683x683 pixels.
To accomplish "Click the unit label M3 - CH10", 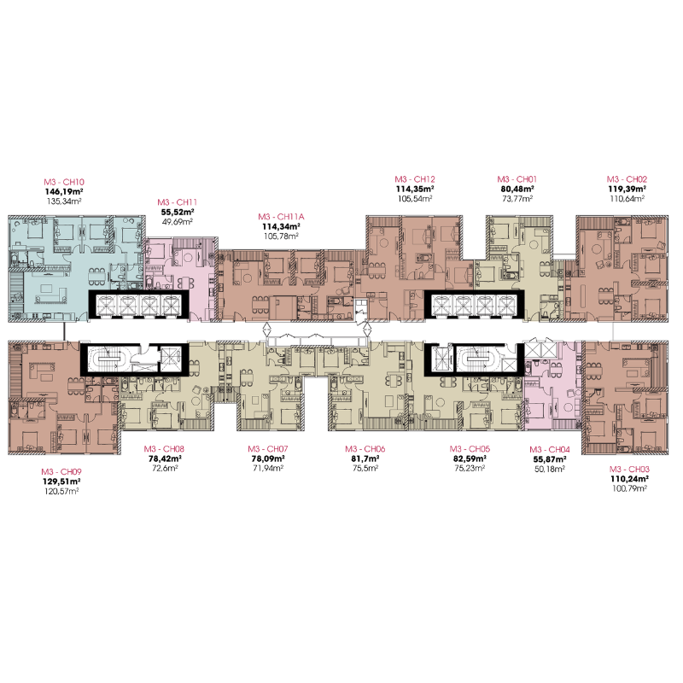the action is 64,182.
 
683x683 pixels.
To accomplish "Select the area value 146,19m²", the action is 64,191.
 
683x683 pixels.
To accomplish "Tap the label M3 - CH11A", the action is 281,217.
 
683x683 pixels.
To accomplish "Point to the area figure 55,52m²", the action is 178,212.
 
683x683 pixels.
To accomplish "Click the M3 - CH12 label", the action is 415,179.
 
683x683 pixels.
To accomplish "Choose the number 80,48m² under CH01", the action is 517,189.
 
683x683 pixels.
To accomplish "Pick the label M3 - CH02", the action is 627,179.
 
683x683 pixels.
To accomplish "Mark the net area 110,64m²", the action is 627,199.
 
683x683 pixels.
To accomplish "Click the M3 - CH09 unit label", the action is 61,472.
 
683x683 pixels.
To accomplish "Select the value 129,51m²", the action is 61,482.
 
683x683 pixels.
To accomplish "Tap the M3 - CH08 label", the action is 164,449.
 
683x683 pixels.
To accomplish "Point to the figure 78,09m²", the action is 268,458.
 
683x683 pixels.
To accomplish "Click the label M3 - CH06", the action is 365,449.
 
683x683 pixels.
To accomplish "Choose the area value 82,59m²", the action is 470,458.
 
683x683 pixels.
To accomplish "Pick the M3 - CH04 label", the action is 550,450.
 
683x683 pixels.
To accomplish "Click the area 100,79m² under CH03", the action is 629,488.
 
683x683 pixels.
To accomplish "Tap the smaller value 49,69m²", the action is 178,222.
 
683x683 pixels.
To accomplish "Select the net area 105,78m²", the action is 281,236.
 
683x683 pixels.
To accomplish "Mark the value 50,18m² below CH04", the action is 550,469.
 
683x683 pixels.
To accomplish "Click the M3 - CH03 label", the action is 629,469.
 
